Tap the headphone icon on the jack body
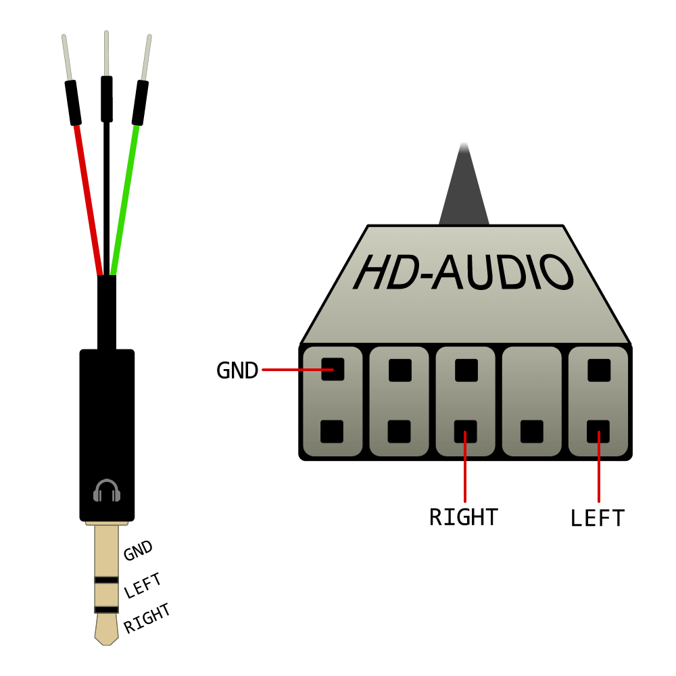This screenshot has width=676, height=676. coord(107,490)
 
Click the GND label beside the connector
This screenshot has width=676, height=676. coord(237,370)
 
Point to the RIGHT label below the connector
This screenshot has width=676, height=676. coord(464,517)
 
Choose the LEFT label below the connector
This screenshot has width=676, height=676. coord(598,518)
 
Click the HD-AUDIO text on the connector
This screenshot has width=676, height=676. coord(464,274)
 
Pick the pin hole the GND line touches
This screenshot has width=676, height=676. coord(333,370)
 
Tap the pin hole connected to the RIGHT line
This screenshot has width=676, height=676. coord(465,431)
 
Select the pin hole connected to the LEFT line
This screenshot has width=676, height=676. coord(598,431)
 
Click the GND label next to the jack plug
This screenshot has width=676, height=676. coord(139,551)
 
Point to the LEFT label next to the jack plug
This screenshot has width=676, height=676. coord(143,585)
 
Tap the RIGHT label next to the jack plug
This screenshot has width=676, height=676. coord(147,619)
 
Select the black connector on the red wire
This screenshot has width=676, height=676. coord(73,103)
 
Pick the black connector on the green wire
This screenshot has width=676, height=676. coord(140,103)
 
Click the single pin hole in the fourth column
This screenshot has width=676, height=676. coord(532,431)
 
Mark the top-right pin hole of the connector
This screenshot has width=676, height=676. coord(599,370)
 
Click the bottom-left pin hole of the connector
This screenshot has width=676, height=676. coord(332,431)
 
